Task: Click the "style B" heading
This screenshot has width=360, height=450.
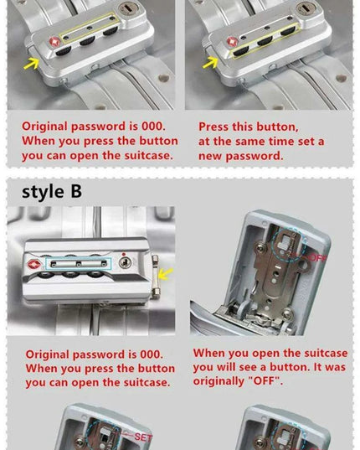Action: click(x=52, y=192)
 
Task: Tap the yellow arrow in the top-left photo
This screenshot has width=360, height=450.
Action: click(x=32, y=64)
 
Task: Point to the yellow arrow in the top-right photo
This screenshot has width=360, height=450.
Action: click(x=210, y=63)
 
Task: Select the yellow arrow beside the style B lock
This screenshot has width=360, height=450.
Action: click(x=166, y=273)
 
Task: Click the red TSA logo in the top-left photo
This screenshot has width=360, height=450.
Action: click(x=54, y=42)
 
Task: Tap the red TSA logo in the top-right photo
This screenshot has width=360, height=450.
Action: click(x=233, y=42)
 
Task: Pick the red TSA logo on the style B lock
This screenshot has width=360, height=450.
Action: click(x=33, y=264)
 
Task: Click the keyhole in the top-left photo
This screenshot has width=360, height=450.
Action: click(x=128, y=8)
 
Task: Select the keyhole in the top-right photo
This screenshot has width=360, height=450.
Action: click(x=306, y=8)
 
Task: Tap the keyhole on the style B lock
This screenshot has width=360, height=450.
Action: click(x=126, y=262)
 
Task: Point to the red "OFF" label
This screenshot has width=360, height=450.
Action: click(x=318, y=258)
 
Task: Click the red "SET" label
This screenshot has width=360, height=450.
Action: click(x=143, y=437)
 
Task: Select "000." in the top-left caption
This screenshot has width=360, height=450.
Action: click(x=153, y=126)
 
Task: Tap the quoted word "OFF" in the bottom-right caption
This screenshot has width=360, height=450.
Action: click(x=265, y=381)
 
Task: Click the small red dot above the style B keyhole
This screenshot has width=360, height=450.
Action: click(x=124, y=254)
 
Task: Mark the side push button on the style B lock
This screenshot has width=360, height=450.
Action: click(x=155, y=277)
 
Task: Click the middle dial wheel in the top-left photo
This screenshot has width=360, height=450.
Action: click(x=87, y=40)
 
